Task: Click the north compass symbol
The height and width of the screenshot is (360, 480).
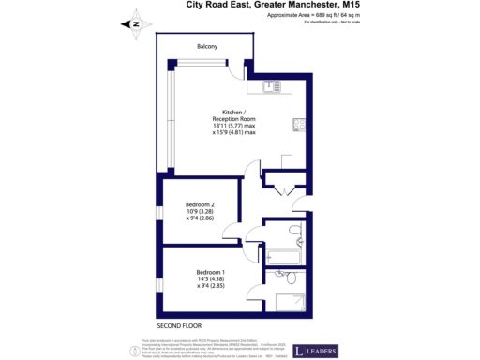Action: pos(134,24)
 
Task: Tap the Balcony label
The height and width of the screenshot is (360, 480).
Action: pos(207,46)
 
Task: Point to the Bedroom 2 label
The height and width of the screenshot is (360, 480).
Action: pos(202,204)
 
